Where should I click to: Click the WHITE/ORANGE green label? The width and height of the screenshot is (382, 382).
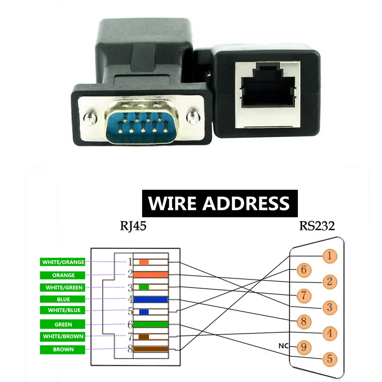pos(63,262)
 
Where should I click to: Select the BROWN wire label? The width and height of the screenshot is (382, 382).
pos(63,349)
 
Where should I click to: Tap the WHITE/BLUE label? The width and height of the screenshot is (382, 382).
pos(64,310)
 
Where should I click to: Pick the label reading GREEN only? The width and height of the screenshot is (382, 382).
pos(63,324)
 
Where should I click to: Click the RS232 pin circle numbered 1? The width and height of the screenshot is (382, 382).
pos(329,256)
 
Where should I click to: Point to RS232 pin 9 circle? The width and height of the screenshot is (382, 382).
pos(303,347)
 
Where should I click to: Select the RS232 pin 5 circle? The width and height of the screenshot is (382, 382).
pos(329,359)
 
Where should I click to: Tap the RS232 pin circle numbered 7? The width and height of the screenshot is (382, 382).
pos(303,296)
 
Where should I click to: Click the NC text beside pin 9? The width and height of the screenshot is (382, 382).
pos(283,346)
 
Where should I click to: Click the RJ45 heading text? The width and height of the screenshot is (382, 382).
pos(133,226)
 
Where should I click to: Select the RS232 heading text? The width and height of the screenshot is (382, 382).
pos(317,226)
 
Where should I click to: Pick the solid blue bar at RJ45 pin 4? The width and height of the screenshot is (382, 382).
pos(151,299)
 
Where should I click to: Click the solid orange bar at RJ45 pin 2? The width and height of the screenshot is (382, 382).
pos(151,274)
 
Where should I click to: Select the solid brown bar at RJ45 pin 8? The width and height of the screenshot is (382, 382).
pos(151,349)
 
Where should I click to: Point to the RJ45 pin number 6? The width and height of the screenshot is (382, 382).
pos(130,324)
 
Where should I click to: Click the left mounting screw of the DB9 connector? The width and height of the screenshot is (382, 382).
pos(90,119)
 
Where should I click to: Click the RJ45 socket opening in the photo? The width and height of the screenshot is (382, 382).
pos(268,89)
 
